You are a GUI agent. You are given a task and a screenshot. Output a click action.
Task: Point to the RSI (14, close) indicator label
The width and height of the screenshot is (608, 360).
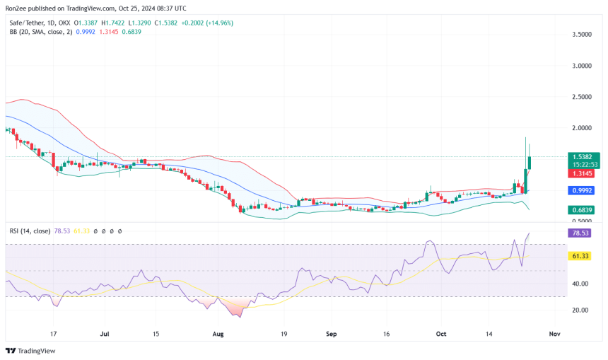tap(31, 231)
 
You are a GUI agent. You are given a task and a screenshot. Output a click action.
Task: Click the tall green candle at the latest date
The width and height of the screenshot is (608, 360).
tap(530, 162)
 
